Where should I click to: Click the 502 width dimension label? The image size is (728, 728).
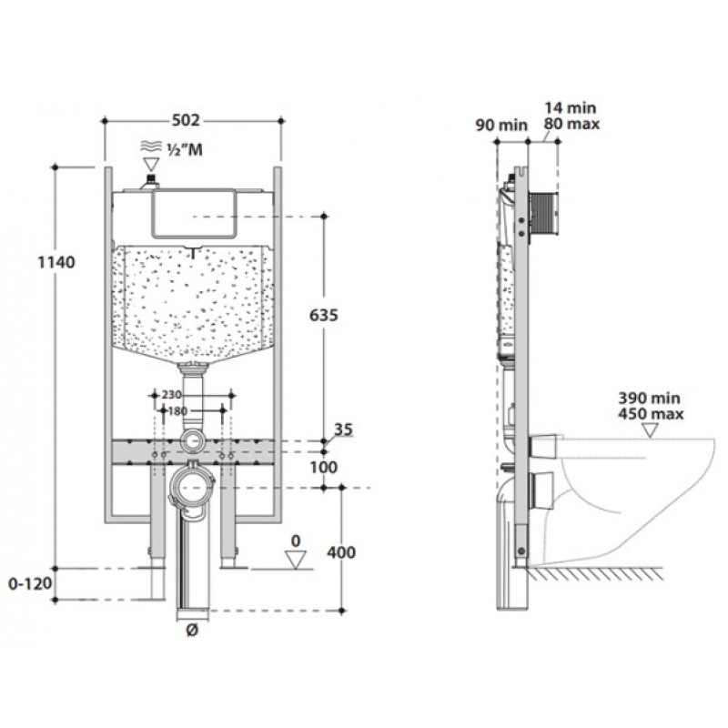tap(186, 120)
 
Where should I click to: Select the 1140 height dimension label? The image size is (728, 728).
tap(56, 262)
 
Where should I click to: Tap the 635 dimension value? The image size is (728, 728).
tap(324, 315)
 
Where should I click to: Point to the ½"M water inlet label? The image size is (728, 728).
tap(185, 149)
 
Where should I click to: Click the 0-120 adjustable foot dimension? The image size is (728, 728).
tap(30, 583)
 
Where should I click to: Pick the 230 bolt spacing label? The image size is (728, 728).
tap(171, 395)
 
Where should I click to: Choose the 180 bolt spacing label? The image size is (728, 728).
tap(177, 411)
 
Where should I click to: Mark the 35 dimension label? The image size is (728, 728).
tap(344, 430)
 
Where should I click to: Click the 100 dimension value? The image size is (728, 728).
tap(324, 467)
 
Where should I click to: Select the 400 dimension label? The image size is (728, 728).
tap(341, 552)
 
